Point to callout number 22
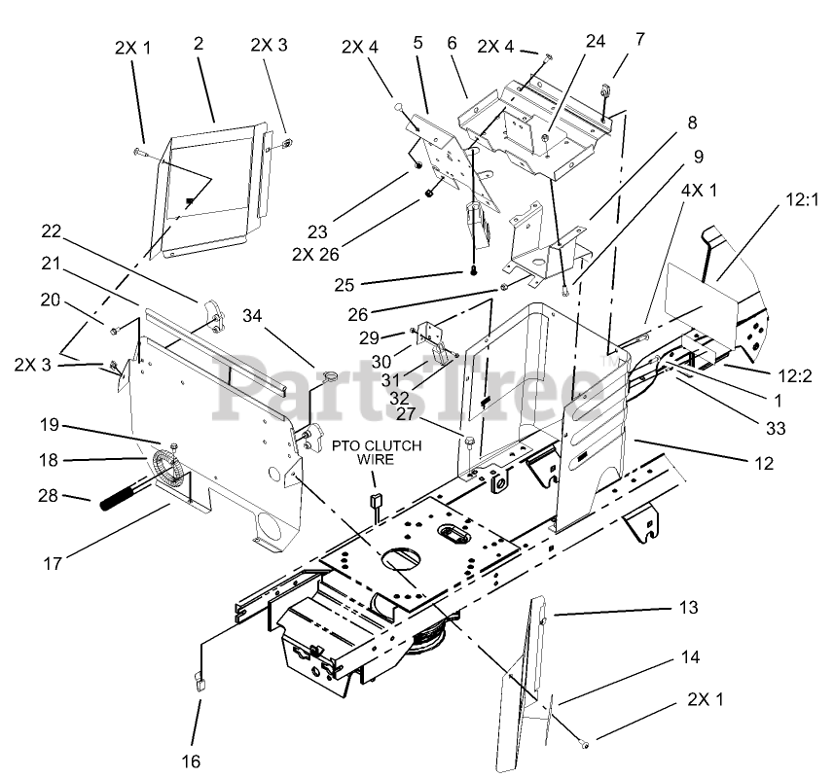coord(51,230)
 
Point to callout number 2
coord(198,44)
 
